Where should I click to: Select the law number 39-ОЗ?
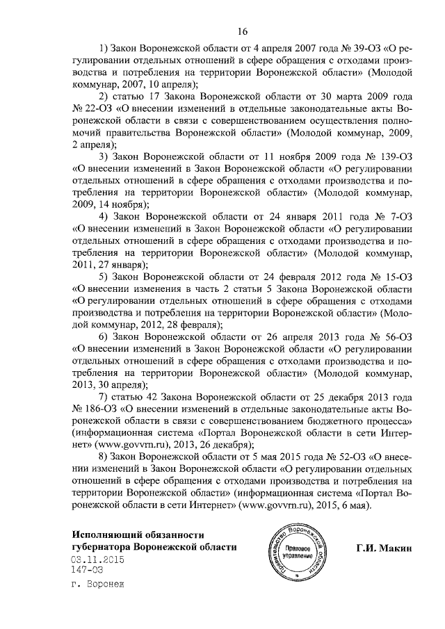pyautogui.click(x=356, y=50)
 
